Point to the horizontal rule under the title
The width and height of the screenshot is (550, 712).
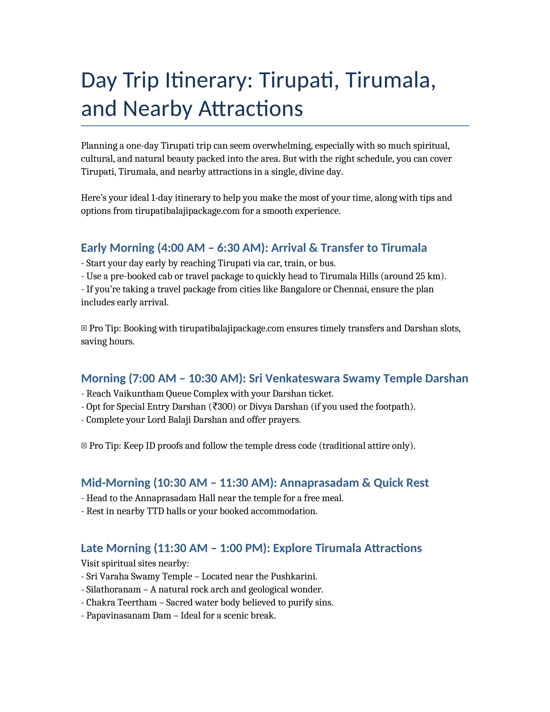pyautogui.click(x=275, y=125)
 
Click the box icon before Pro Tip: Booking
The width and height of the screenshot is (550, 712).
pyautogui.click(x=84, y=328)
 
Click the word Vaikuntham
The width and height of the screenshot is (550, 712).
pyautogui.click(x=139, y=394)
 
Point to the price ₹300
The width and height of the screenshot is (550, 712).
pyautogui.click(x=222, y=407)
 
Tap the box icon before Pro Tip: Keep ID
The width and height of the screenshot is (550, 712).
pyautogui.click(x=84, y=446)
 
